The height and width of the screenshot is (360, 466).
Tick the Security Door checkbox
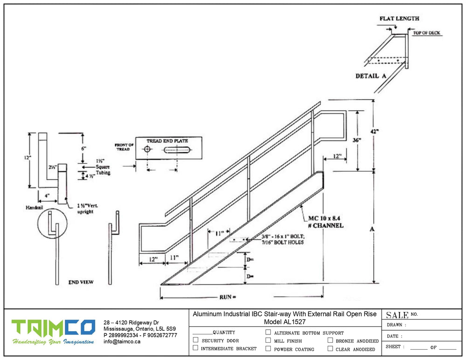(196, 340)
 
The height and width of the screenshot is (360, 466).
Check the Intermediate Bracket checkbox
(196, 348)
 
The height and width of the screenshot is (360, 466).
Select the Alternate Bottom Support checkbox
(268, 333)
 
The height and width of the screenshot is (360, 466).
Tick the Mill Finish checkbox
(268, 340)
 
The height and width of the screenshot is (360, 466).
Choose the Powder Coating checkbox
(268, 348)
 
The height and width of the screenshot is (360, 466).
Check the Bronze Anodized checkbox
(330, 340)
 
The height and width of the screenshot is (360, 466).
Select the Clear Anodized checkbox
(330, 348)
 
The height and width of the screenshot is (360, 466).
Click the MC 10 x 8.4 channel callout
(326, 221)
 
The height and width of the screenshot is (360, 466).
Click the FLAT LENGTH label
(399, 19)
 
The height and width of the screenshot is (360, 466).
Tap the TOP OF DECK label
(426, 33)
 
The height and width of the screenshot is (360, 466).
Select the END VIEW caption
(81, 282)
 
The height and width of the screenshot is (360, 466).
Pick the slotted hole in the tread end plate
(178, 150)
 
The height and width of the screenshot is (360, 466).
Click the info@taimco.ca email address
(122, 341)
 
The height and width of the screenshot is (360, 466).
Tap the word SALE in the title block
(397, 315)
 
